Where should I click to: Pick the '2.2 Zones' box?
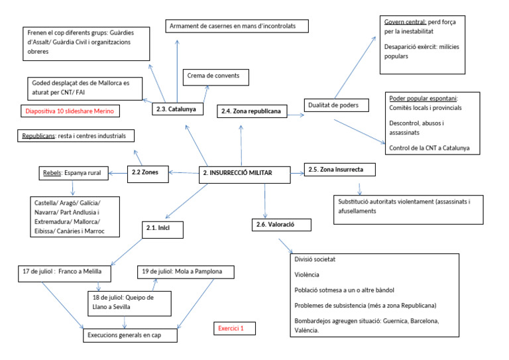pos(149,174)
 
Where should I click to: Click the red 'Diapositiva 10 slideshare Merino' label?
pos(72,111)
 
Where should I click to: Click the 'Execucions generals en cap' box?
pos(133,335)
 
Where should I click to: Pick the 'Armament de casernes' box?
pos(238,27)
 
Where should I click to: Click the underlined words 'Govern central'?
pos(406,22)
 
